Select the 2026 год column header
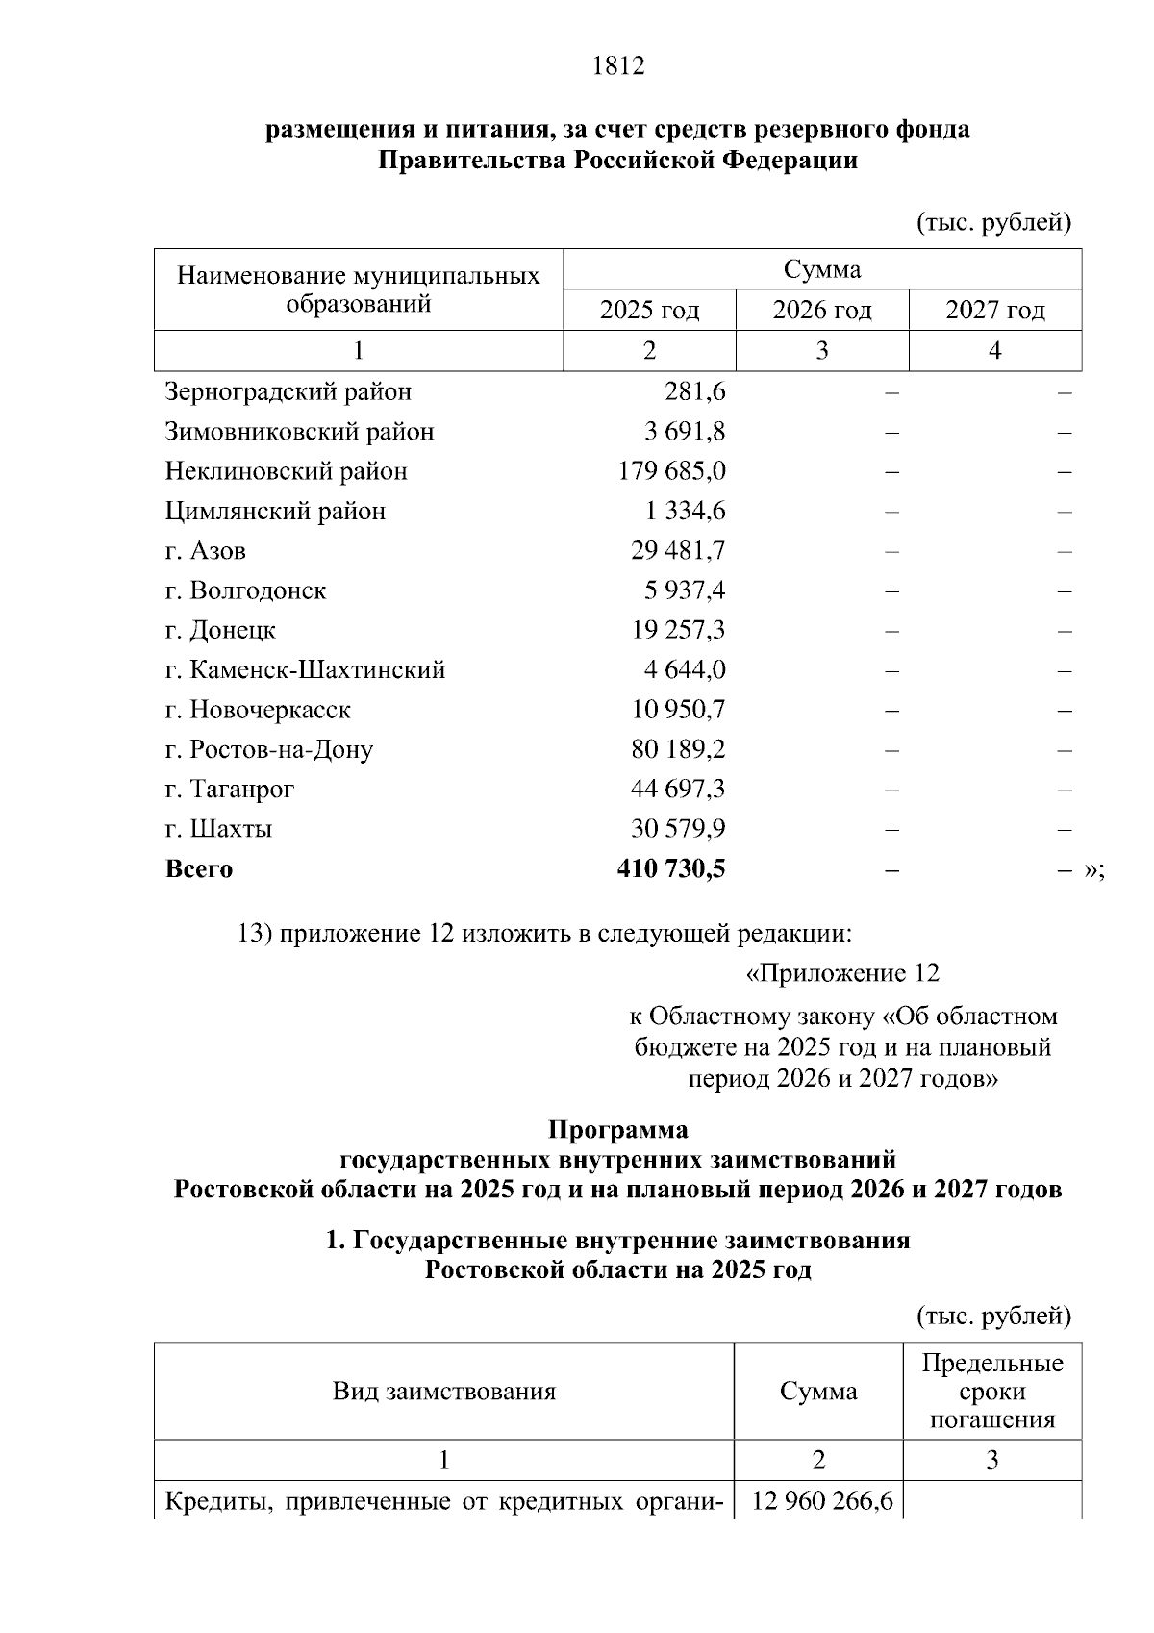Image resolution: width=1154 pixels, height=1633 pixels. pyautogui.click(x=822, y=311)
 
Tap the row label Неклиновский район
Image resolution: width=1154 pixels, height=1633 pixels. pyautogui.click(x=287, y=471)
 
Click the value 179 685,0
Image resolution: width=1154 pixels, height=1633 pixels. pyautogui.click(x=671, y=471)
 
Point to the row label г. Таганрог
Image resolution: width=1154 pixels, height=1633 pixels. pyautogui.click(x=230, y=789)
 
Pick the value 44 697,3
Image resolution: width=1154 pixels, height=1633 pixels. pyautogui.click(x=677, y=789)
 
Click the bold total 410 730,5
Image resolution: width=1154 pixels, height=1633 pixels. pyautogui.click(x=670, y=869)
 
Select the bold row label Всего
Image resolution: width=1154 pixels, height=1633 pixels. pyautogui.click(x=199, y=869)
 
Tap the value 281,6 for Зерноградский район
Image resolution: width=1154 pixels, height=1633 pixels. pyautogui.click(x=694, y=392)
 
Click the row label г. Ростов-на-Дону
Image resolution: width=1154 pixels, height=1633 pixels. pyautogui.click(x=269, y=749)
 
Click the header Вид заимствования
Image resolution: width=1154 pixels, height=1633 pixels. pyautogui.click(x=443, y=1392)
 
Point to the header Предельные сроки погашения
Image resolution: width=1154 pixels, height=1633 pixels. pyautogui.click(x=991, y=1392)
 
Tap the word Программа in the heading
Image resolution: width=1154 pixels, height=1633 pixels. pyautogui.click(x=617, y=1128)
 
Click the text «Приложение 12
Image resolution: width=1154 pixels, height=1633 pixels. pyautogui.click(x=842, y=973)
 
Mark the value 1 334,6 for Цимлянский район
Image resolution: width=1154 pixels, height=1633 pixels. pyautogui.click(x=685, y=512)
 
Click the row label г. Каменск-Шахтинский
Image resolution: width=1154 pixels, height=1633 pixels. pyautogui.click(x=306, y=670)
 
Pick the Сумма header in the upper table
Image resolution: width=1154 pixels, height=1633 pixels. pyautogui.click(x=821, y=269)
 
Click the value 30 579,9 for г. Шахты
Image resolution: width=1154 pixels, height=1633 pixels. pyautogui.click(x=677, y=829)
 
